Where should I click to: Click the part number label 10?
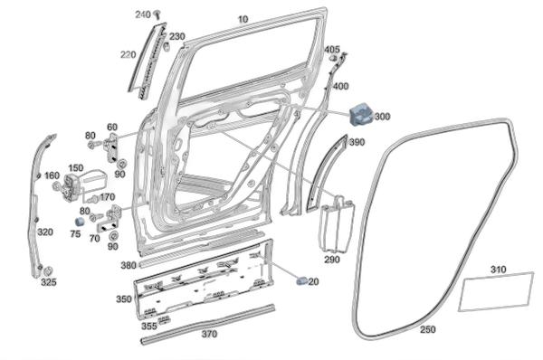(x=243, y=19)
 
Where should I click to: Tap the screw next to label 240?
(x=157, y=14)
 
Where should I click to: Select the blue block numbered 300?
(x=361, y=113)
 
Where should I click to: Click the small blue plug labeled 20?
(x=301, y=281)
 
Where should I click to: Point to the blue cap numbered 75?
(x=80, y=222)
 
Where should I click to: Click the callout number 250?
(x=428, y=329)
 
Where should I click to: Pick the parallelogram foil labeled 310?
(x=496, y=292)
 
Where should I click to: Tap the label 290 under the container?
(x=332, y=260)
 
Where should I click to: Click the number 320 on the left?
(x=45, y=232)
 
